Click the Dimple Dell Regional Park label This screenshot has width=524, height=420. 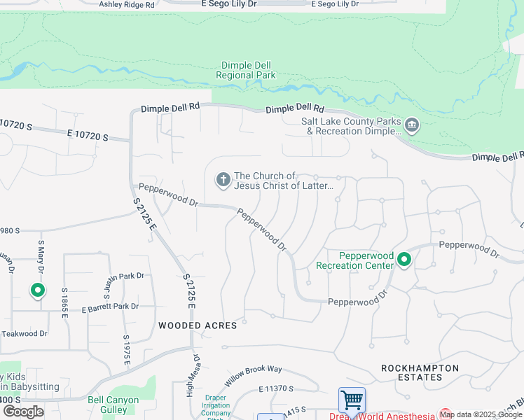pyautogui.click(x=245, y=70)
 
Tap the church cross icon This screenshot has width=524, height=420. pyautogui.click(x=223, y=181)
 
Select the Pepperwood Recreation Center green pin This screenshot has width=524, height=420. pyautogui.click(x=404, y=260)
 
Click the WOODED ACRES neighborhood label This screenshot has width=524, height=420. pyautogui.click(x=198, y=325)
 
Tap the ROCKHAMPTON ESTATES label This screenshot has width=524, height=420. pyautogui.click(x=420, y=372)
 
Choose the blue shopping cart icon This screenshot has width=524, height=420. pyautogui.click(x=352, y=400)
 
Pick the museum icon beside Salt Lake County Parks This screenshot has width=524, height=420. pyautogui.click(x=412, y=125)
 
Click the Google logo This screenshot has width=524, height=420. pyautogui.click(x=23, y=411)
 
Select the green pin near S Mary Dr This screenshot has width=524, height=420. pyautogui.click(x=38, y=290)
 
